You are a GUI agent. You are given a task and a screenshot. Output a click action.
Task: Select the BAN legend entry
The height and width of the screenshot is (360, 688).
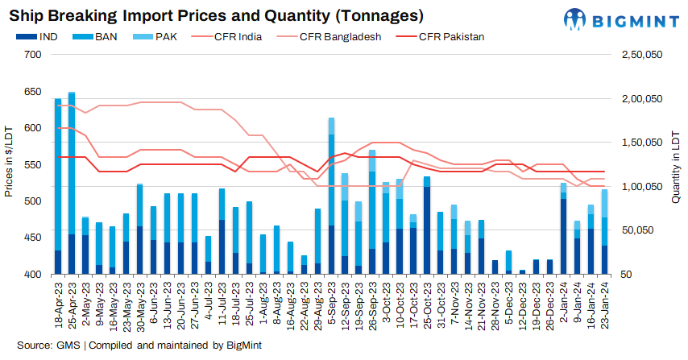coord(95,36)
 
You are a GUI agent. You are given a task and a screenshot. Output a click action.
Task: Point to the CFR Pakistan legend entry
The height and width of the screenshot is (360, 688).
coord(437,36)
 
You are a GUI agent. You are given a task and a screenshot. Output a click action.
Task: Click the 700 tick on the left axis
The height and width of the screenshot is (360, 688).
coord(33,54)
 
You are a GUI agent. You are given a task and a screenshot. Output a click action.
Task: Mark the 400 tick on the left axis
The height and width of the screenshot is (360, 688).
coord(33,275)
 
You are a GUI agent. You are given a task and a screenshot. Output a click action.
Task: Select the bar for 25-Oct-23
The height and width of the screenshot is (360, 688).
coord(426,226)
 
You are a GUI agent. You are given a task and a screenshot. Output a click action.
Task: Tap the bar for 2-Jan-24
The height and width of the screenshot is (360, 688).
coord(564,229)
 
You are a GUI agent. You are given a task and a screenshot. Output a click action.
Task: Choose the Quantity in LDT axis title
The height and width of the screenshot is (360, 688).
coord(678,163)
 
